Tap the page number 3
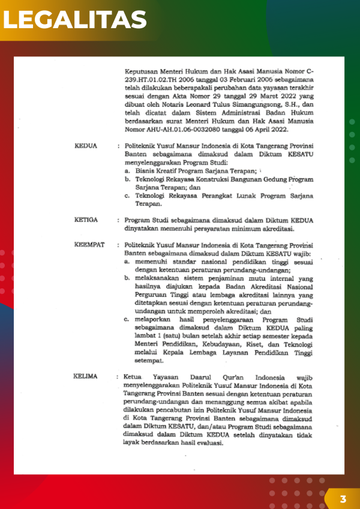(x=343, y=499)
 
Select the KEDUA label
(x=86, y=146)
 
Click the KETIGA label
(x=87, y=219)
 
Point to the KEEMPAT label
(x=89, y=245)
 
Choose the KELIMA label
(x=86, y=377)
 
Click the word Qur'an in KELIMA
(x=222, y=377)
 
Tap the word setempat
(x=149, y=361)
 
